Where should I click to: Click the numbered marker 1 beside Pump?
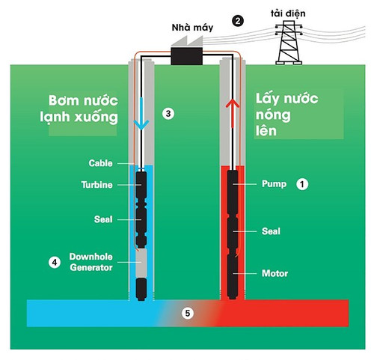pyautogui.click(x=302, y=184)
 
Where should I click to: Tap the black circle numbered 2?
pyautogui.click(x=238, y=21)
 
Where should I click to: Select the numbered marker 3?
pyautogui.click(x=168, y=114)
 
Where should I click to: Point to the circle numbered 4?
pyautogui.click(x=55, y=263)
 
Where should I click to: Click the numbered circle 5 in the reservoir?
pyautogui.click(x=188, y=313)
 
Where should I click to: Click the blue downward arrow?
pyautogui.click(x=141, y=114)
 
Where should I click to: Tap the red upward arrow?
pyautogui.click(x=233, y=114)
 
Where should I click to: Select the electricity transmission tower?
pyautogui.click(x=289, y=43)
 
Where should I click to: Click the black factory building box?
pyautogui.click(x=186, y=56)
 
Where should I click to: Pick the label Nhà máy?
pyautogui.click(x=192, y=28)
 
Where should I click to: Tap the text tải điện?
pyautogui.click(x=288, y=13)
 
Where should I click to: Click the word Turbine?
pyautogui.click(x=96, y=185)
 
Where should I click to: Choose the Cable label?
pyautogui.click(x=100, y=163)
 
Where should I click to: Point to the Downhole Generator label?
pyautogui.click(x=91, y=262)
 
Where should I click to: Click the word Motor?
pyautogui.click(x=275, y=273)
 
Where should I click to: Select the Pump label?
pyautogui.click(x=274, y=184)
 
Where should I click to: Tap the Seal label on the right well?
pyautogui.click(x=271, y=231)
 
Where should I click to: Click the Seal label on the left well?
pyautogui.click(x=103, y=219)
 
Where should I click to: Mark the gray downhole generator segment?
pyautogui.click(x=141, y=263)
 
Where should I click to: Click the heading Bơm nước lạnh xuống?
pyautogui.click(x=79, y=109)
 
